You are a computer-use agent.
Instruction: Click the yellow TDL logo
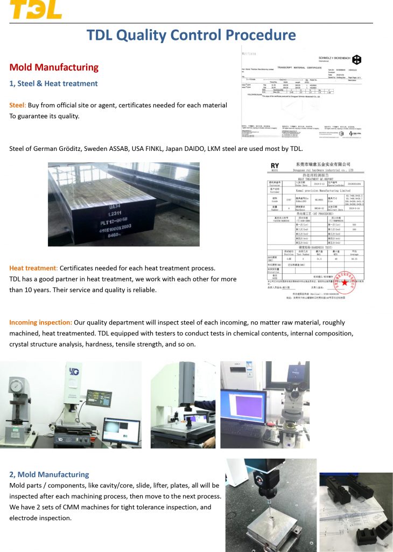click(36, 9)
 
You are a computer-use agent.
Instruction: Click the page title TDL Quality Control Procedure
click(191, 35)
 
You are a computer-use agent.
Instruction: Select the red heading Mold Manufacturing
click(54, 67)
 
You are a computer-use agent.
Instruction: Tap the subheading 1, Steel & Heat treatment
click(53, 84)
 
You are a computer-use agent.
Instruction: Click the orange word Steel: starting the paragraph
click(18, 105)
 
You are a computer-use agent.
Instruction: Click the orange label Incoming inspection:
click(40, 322)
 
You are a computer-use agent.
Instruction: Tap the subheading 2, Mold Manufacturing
click(49, 474)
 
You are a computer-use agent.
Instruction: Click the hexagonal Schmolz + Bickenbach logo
click(357, 59)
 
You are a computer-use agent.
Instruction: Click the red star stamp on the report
click(344, 283)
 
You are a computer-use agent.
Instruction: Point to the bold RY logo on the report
click(275, 166)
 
